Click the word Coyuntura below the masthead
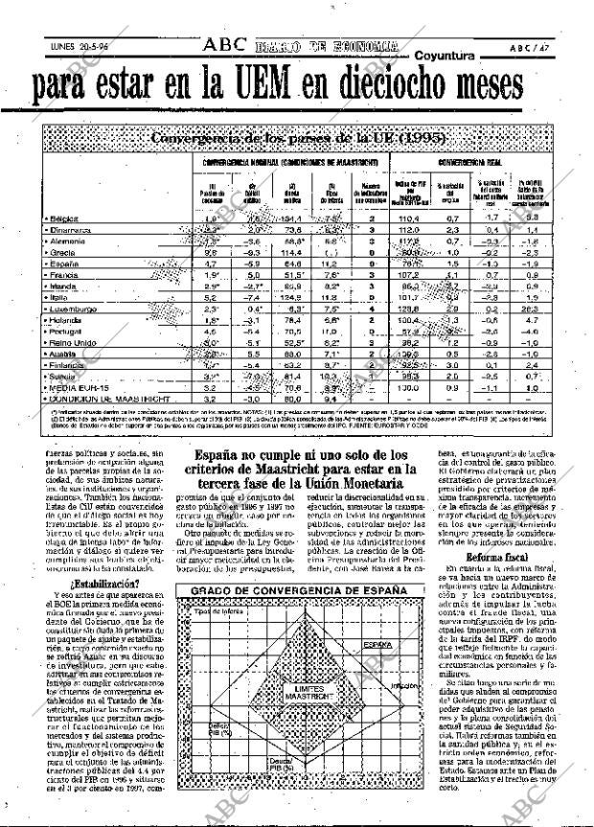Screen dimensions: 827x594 pos(449,57)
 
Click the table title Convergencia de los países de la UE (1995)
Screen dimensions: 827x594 pos(297,137)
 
